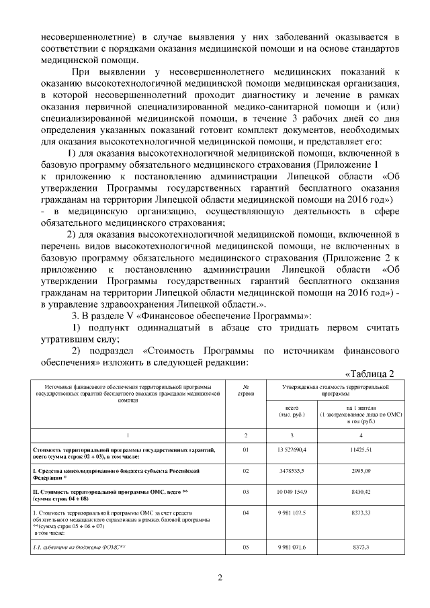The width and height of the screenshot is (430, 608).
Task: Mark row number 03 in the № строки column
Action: click(246, 492)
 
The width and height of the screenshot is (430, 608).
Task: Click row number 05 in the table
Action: click(246, 548)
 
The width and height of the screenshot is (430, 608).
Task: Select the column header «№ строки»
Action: click(246, 390)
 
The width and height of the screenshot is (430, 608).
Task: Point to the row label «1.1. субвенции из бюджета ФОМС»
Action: click(80, 548)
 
